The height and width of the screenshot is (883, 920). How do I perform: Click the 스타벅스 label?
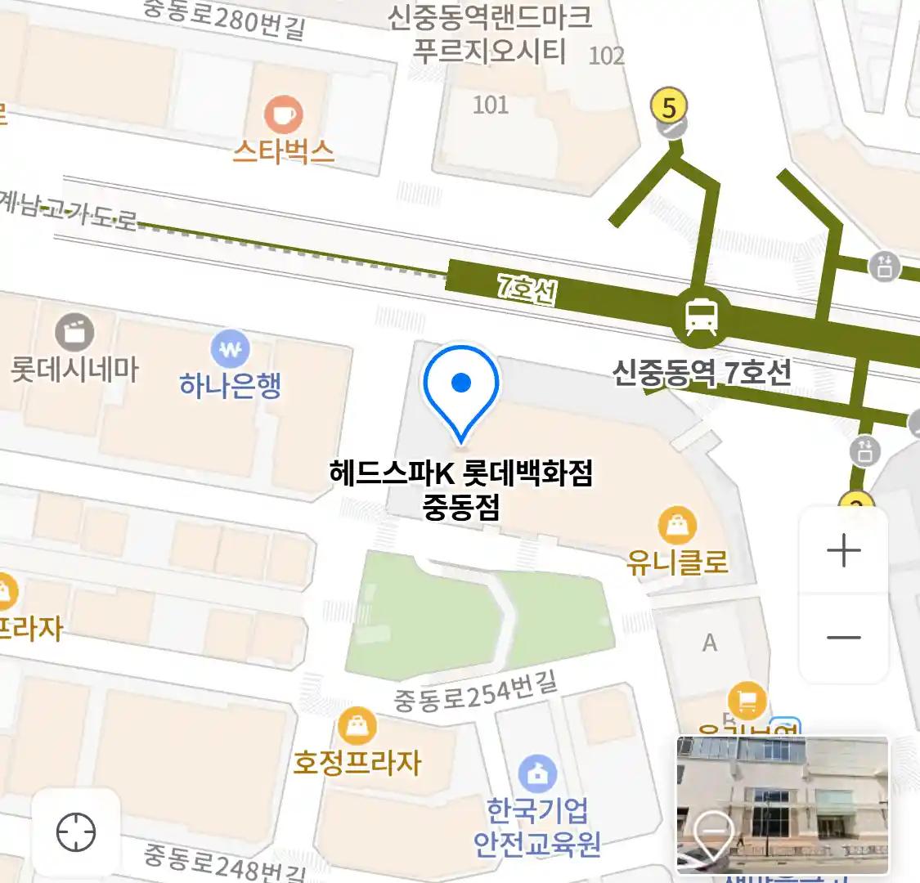[283, 152]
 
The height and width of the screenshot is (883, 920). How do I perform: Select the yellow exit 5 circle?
[669, 107]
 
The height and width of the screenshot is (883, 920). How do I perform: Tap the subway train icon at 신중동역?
[701, 316]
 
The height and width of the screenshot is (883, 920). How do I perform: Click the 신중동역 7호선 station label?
[702, 373]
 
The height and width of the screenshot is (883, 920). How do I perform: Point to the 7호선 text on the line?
[527, 288]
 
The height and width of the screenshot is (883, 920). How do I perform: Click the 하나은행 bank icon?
[230, 350]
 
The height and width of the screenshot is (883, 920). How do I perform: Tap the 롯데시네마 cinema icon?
[74, 333]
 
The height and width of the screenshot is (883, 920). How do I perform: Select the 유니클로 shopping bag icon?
[677, 526]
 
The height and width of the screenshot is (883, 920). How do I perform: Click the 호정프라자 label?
[357, 763]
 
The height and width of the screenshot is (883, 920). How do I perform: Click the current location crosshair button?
[76, 833]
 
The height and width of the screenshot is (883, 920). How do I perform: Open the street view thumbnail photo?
[782, 805]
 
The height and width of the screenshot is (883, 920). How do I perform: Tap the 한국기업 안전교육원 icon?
[537, 774]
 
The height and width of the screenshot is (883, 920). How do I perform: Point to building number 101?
[491, 105]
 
